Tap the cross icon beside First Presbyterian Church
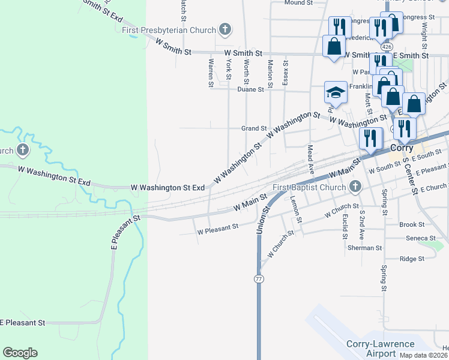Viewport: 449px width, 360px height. [224, 29]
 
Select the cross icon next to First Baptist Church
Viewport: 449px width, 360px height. [355, 187]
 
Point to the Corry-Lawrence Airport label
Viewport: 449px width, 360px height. [381, 349]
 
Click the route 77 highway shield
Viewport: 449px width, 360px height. [258, 279]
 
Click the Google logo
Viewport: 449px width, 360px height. [20, 353]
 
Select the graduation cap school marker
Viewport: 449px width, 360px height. [336, 93]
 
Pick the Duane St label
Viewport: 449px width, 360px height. [250, 89]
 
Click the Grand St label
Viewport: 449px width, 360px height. [254, 128]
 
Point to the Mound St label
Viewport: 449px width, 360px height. [298, 3]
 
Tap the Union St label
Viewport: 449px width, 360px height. [261, 223]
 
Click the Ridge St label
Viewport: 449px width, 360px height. [412, 259]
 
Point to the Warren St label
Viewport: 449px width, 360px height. [211, 72]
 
